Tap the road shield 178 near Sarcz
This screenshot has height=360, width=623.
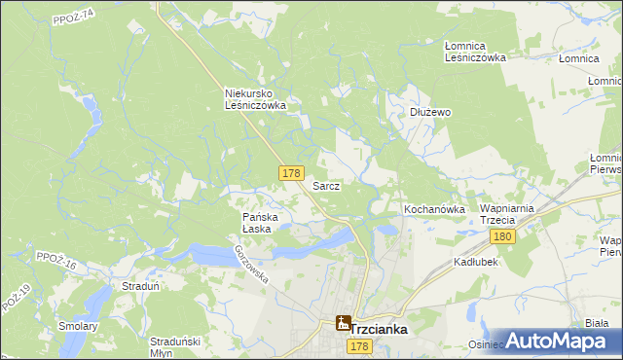click(289, 172)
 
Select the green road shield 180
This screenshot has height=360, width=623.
click(502, 237)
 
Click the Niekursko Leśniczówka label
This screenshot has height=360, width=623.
click(255, 99)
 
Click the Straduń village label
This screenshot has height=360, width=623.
click(140, 286)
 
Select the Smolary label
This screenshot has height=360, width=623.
click(79, 326)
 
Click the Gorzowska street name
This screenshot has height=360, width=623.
click(251, 262)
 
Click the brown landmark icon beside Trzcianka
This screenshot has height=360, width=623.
click(343, 323)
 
